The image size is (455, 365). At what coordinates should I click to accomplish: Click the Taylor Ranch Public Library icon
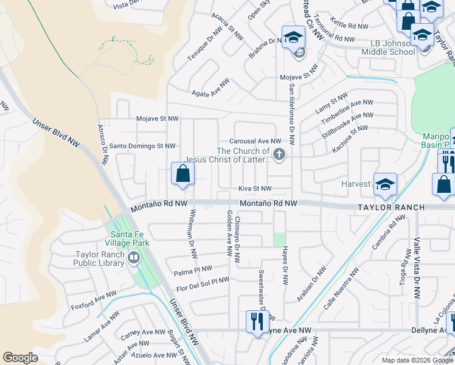point(134,259)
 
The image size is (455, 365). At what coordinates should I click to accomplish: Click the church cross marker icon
point(279,155)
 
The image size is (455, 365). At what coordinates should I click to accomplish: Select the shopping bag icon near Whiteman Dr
point(182,174)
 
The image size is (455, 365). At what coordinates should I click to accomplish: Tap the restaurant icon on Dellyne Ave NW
point(254,321)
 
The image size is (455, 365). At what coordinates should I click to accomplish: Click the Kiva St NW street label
point(254,189)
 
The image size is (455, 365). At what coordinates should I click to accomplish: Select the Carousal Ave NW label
point(255,141)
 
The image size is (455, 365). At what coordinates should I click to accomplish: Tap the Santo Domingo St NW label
point(142,146)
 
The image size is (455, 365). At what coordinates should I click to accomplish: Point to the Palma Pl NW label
point(193,269)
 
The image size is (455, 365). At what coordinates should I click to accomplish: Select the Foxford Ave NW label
point(93,300)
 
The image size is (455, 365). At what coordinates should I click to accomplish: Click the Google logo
point(20,358)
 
